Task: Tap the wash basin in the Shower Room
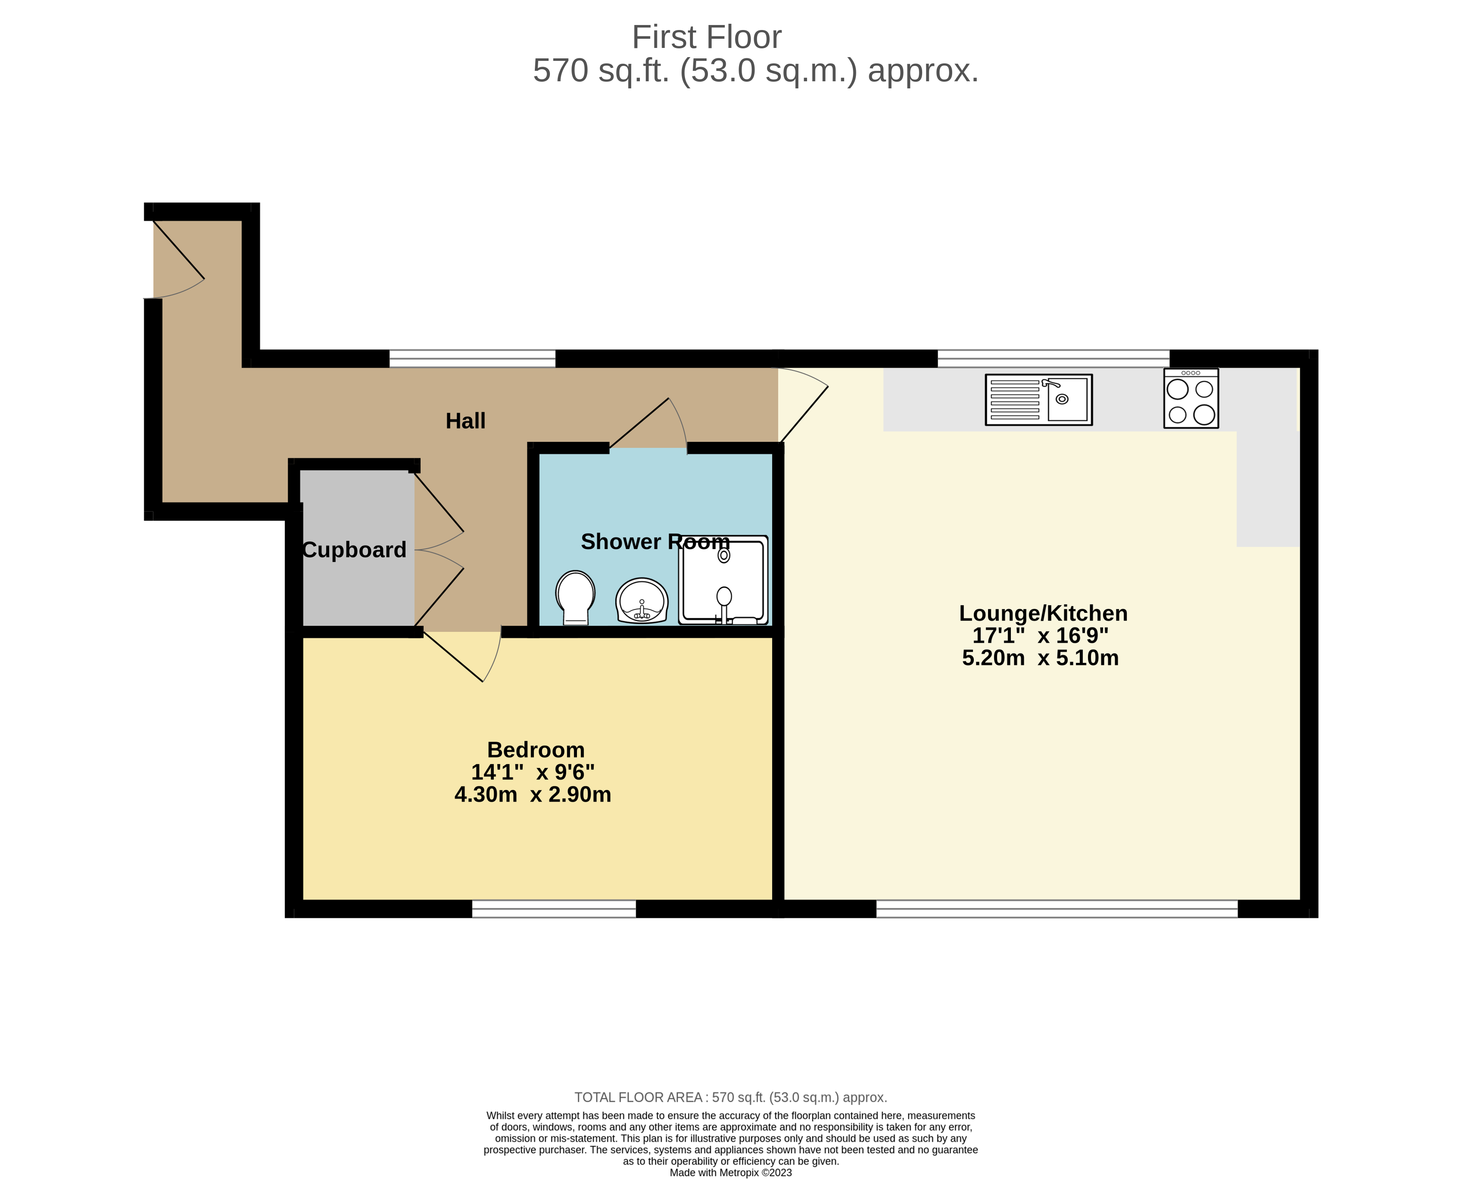pos(642,601)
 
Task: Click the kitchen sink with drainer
pos(1038,400)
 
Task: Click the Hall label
pos(465,421)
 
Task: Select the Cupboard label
pos(354,549)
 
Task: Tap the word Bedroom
pos(536,750)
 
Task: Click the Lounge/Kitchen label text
pos(1043,613)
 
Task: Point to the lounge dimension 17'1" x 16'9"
pos(1040,636)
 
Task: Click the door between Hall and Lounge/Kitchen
pos(802,404)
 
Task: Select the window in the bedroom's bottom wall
pos(554,909)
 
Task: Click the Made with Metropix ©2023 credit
pos(731,1172)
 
